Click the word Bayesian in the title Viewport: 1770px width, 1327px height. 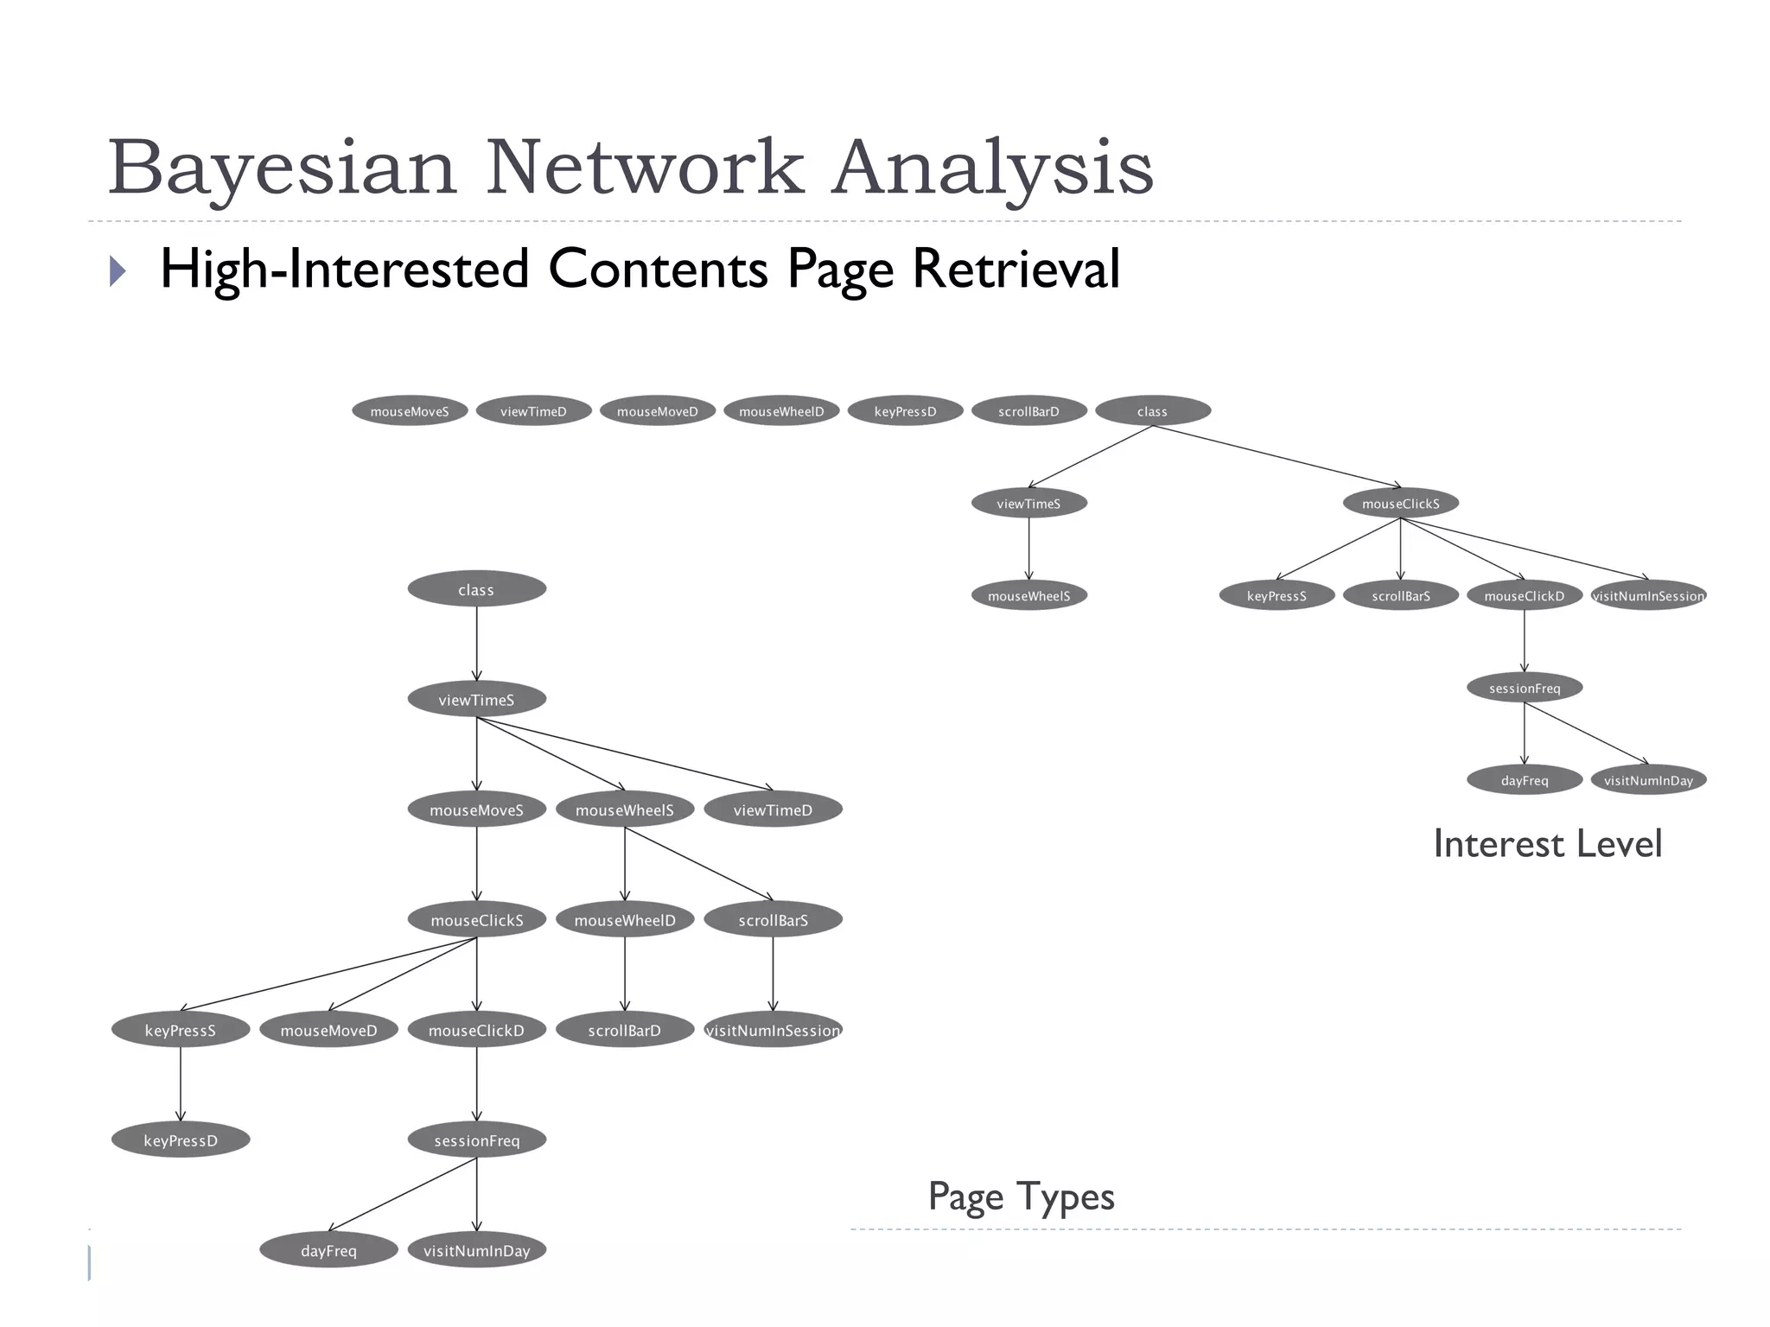[x=281, y=168]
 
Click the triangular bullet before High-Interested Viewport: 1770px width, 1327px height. [x=118, y=270]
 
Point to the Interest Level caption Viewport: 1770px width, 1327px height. [x=1547, y=844]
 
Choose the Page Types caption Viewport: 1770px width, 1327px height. [x=1021, y=1197]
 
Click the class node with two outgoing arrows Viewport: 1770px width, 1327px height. [x=1152, y=411]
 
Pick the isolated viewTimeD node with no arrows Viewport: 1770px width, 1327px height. [x=533, y=411]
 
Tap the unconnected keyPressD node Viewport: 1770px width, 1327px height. [x=905, y=411]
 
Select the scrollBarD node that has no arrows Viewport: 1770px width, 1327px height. [x=1028, y=411]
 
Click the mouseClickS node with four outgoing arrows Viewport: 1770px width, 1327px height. [x=1400, y=504]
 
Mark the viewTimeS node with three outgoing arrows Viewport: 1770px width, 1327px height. [x=476, y=700]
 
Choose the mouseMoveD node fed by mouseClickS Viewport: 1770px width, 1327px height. [x=328, y=1031]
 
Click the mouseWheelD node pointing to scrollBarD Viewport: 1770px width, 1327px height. [x=625, y=921]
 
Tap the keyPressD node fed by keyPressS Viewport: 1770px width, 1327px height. [x=181, y=1141]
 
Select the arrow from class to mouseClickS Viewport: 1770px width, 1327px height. [x=1277, y=457]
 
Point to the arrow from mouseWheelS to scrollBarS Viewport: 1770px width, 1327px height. [x=698, y=864]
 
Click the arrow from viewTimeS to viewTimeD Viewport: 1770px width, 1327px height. [x=624, y=753]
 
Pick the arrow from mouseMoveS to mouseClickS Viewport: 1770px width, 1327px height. [x=476, y=864]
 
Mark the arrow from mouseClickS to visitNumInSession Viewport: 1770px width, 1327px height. [x=1525, y=549]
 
